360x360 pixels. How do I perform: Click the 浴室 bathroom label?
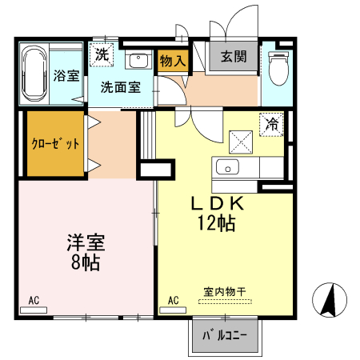66,76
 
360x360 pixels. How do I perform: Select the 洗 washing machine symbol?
102,55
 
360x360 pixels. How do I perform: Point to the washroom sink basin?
138,61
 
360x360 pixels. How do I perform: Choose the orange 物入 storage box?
172,61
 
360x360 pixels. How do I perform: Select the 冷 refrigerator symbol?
273,124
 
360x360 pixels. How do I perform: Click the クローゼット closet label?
55,144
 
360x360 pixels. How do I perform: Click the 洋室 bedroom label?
86,242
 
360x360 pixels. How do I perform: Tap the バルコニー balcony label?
225,335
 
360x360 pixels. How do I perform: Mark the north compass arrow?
329,300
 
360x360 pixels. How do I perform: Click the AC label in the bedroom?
34,300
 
